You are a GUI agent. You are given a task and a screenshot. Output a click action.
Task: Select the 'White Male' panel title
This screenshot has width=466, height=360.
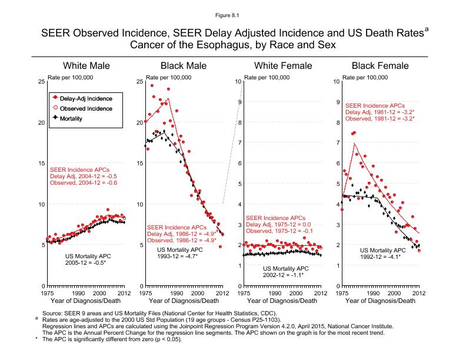coord(86,65)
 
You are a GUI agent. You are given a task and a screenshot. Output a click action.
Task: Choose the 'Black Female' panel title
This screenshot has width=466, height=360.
coord(380,65)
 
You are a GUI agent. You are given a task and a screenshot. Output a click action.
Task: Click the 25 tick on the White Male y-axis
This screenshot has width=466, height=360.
coord(40,82)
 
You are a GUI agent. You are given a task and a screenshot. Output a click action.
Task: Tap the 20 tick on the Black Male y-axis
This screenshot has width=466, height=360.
coord(139,122)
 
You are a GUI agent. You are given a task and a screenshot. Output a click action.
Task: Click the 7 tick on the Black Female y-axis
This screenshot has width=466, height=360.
coord(336,143)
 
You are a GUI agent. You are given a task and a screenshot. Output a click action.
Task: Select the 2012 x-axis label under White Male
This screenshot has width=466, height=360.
coord(123,293)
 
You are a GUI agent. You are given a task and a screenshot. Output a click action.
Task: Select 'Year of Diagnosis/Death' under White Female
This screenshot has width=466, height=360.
coord(282,301)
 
